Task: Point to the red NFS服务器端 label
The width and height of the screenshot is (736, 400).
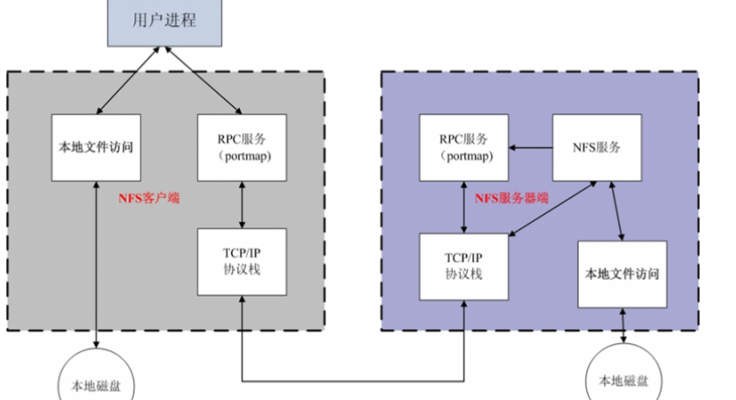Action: [511, 198]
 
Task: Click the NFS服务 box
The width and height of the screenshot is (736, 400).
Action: [596, 147]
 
